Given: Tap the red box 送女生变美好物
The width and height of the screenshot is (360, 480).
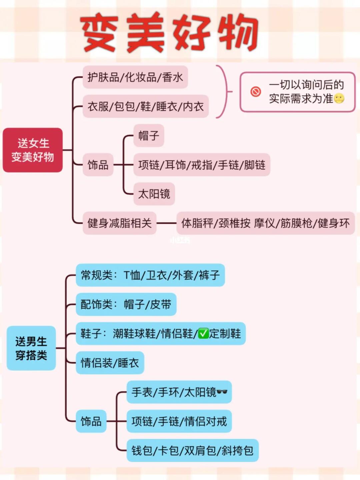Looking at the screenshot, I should point(33,150).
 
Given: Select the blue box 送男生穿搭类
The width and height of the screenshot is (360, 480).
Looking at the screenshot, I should point(31,348).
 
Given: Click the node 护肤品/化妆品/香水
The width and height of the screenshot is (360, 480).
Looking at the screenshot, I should point(135,77).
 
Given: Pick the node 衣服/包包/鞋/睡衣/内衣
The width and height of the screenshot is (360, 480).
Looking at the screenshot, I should point(145,106).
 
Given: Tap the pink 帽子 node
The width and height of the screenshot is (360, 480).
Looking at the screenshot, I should point(149,136).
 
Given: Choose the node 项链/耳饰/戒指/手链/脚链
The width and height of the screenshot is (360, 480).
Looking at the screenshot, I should point(202,165).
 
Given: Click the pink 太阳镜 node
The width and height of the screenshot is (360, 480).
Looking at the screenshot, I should point(154,194).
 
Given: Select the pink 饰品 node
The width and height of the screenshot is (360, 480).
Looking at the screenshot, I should point(98,165).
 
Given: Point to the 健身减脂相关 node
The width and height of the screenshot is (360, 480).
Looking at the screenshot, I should point(119,223).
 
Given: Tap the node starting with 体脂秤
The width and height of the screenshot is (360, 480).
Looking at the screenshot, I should point(265,223).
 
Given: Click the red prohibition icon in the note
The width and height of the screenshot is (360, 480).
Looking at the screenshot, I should point(256,92).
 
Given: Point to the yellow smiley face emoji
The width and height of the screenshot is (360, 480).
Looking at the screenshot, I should point(339,99).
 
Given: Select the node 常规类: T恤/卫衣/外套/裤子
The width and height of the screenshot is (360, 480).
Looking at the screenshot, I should point(150,275).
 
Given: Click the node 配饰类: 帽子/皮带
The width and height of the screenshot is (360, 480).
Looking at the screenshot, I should point(126,304).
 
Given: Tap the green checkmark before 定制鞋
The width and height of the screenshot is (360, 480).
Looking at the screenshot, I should point(203,333).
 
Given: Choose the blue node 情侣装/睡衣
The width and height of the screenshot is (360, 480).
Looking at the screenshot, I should point(110,363).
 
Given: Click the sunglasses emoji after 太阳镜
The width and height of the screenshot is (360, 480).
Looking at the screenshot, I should point(222,392).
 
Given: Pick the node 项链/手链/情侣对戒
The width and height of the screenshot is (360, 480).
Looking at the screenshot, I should point(179,421).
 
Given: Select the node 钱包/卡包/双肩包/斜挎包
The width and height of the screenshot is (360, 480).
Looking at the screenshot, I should point(192,450).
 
